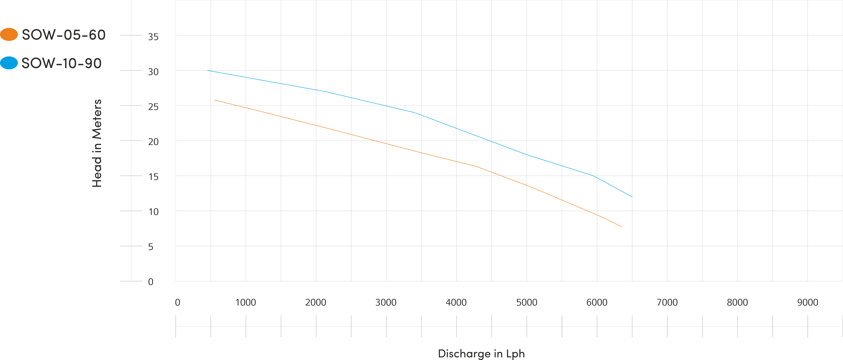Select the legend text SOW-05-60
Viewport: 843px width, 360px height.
coord(63,35)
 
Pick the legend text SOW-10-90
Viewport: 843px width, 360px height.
coord(61,63)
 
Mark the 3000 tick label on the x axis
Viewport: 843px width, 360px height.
coord(386,302)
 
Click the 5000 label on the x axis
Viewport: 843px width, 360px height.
coord(527,302)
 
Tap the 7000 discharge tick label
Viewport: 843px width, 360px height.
coord(667,302)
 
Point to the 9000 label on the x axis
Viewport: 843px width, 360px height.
coord(807,302)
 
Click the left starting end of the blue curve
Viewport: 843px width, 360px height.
coord(207,70)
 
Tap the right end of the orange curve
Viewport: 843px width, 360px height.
coord(621,227)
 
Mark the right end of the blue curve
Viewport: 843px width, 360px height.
coord(632,197)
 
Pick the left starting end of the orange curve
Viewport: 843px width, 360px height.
coord(214,100)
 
